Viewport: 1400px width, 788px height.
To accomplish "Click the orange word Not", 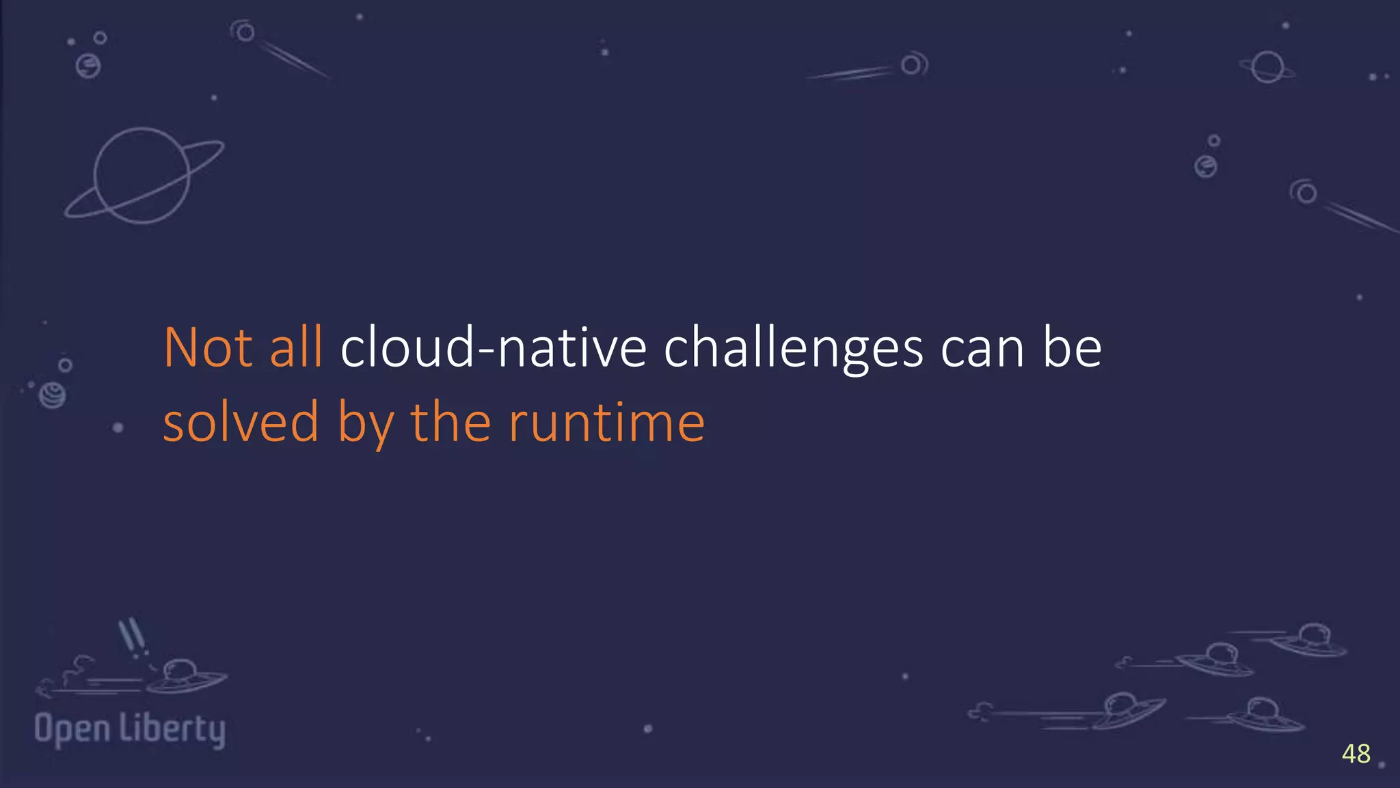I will (208, 347).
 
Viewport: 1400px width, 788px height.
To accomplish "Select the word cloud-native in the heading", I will (493, 347).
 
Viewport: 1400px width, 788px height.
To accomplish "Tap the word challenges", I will (793, 349).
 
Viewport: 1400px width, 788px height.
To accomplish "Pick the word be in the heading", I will (1071, 347).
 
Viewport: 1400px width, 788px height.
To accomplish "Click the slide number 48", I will (1356, 754).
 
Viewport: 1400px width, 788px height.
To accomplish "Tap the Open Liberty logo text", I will (130, 729).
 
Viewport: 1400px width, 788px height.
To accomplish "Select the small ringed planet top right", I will (1267, 67).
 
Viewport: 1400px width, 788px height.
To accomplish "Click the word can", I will (982, 349).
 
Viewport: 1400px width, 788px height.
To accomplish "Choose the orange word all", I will (296, 347).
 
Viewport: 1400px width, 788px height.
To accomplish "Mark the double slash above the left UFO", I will (131, 635).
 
